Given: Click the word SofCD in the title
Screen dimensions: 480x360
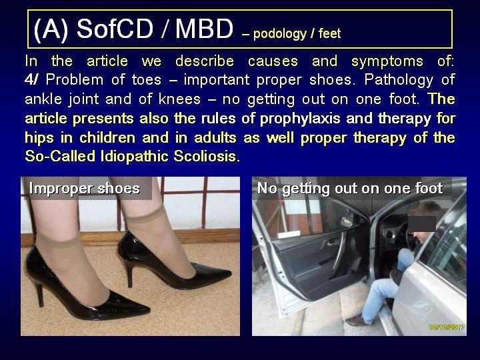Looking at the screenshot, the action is (115, 29).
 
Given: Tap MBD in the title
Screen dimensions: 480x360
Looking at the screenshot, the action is (205, 29).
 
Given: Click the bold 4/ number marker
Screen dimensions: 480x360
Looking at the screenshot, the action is (31, 80).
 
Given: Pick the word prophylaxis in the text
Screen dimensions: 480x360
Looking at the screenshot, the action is (300, 119).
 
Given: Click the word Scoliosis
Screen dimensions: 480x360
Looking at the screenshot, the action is (207, 156).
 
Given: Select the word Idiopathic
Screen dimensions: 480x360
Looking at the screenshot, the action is (134, 157).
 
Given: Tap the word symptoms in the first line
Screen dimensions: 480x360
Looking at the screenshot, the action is (387, 61).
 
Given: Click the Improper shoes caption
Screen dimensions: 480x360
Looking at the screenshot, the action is (85, 188).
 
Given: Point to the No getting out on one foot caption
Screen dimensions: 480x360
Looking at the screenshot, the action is (350, 188).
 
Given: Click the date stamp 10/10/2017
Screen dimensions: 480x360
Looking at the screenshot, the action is (447, 327).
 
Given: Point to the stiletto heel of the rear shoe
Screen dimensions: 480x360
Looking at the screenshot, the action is (129, 273).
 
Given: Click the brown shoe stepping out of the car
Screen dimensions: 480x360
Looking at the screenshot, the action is (357, 321).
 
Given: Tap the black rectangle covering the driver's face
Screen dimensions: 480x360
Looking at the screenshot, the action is (422, 224).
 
